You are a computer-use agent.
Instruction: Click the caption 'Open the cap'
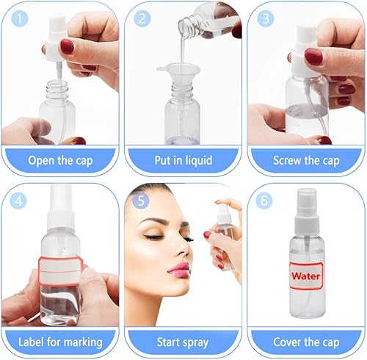[60, 160]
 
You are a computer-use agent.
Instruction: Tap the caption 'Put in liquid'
[183, 160]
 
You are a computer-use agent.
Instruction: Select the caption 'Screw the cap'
[305, 160]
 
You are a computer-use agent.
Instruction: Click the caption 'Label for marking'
[60, 342]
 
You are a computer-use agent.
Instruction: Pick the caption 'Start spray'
[183, 342]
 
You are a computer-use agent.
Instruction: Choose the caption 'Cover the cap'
[305, 342]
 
